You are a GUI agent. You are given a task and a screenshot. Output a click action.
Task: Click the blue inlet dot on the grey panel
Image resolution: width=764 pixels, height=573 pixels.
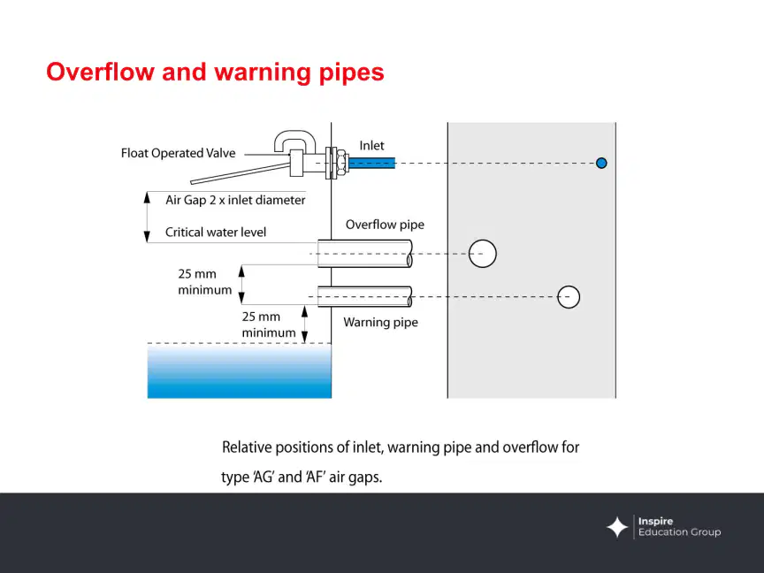tap(601, 164)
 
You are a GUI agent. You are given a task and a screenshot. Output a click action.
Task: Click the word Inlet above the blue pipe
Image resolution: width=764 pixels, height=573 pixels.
tap(371, 145)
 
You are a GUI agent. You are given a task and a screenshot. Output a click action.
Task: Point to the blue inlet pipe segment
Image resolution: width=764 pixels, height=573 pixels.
tap(371, 163)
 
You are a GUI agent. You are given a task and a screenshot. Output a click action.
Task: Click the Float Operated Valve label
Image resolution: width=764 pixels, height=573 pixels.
tap(179, 153)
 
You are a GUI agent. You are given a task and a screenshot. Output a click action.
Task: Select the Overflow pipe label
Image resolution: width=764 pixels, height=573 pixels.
tap(385, 225)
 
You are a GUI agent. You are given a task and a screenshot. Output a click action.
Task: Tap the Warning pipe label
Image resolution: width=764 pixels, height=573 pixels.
tap(380, 322)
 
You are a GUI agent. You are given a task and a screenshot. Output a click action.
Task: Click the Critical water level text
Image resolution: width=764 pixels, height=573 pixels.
tap(216, 232)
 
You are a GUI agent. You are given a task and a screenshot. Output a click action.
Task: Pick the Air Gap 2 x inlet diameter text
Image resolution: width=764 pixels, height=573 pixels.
tap(235, 200)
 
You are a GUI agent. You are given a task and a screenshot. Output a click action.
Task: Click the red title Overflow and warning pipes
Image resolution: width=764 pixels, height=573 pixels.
tap(215, 73)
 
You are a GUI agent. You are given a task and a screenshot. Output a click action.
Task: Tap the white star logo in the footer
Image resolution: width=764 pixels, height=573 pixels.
tap(617, 527)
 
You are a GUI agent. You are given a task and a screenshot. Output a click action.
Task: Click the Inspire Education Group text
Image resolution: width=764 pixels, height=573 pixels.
tap(679, 527)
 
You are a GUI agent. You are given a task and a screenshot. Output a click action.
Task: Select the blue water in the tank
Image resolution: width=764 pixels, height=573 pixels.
tap(240, 371)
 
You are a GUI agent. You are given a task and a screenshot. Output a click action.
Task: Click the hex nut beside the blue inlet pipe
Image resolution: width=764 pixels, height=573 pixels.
tap(342, 163)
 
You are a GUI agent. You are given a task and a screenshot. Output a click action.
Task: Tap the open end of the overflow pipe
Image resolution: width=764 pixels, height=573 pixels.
tap(409, 254)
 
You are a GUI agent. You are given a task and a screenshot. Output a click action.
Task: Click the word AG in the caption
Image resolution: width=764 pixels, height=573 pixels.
tap(264, 477)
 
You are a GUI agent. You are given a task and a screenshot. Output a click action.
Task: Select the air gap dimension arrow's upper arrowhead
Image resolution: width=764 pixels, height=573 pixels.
tap(147, 197)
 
